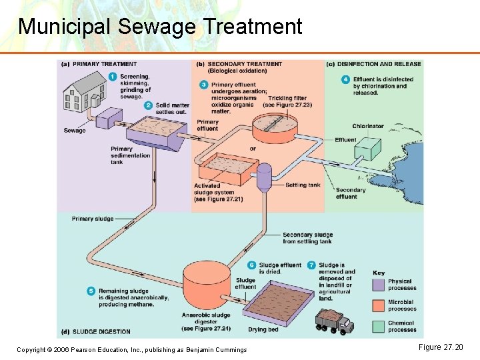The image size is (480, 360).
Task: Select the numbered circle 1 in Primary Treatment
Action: (x=112, y=77)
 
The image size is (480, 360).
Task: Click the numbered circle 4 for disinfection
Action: (x=345, y=79)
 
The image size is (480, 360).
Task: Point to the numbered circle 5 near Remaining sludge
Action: (x=91, y=291)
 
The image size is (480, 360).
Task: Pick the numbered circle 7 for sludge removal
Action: (x=311, y=265)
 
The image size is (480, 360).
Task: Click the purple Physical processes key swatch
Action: (x=379, y=285)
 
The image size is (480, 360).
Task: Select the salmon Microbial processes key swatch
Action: (x=379, y=305)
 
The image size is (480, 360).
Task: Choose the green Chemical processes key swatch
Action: (x=379, y=326)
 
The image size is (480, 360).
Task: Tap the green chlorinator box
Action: (x=368, y=149)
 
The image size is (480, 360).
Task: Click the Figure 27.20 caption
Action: (x=440, y=347)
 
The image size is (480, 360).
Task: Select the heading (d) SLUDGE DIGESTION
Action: (x=96, y=331)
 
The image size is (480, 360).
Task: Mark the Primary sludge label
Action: (x=92, y=219)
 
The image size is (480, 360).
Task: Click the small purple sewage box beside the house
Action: (x=105, y=121)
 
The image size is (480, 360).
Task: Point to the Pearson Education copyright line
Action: (x=131, y=349)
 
